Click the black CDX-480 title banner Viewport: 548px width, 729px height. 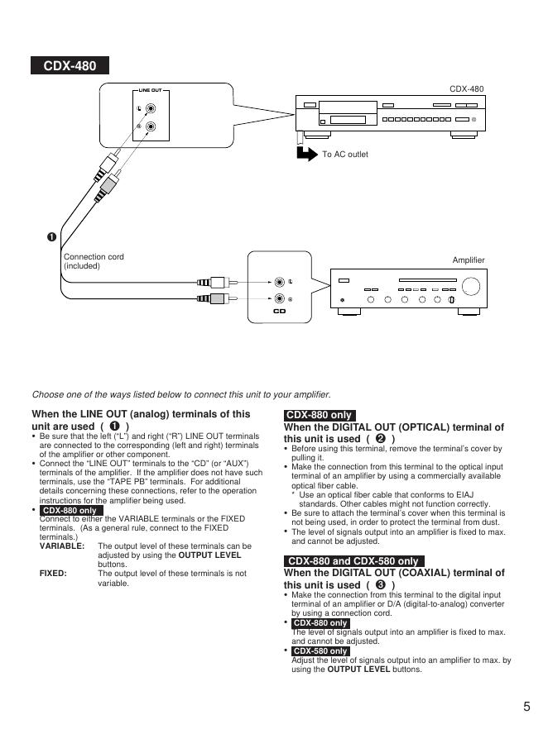70,66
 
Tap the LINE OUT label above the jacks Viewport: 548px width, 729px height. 149,89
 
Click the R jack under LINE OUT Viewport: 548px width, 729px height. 151,126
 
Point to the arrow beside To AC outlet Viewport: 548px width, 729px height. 306,153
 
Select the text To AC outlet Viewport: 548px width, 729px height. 345,155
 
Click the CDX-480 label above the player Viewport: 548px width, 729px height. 466,88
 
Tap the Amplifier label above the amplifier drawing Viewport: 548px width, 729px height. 469,260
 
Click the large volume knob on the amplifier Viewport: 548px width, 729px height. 472,285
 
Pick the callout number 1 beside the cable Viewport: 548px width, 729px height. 52,238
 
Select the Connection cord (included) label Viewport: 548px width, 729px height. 94,261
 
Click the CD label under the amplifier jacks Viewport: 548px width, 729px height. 279,311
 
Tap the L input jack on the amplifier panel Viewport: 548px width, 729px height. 280,282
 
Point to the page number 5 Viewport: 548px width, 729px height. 526,706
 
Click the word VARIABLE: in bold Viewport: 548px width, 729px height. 62,546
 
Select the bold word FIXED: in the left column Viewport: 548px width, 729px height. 53,573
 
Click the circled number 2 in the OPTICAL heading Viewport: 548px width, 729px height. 380,438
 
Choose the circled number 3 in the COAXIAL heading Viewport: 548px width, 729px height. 380,584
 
